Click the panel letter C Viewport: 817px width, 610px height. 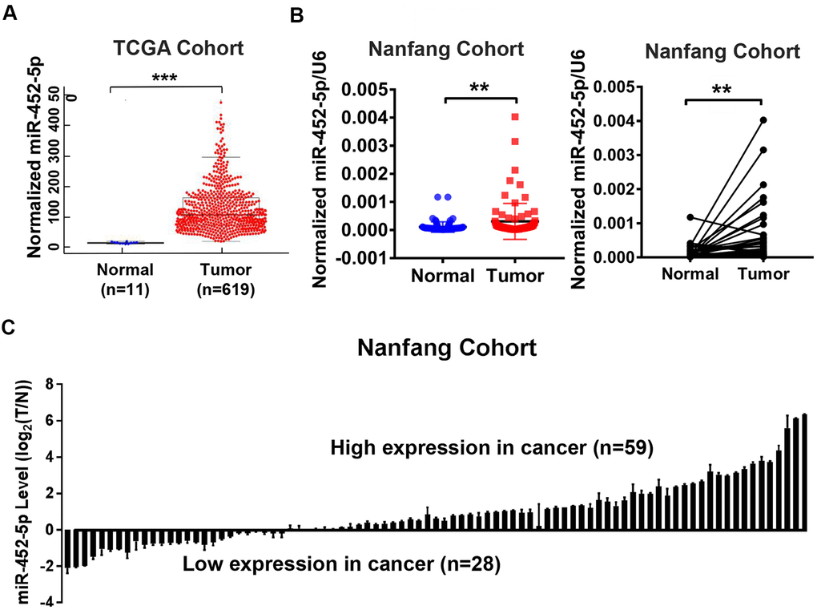(x=10, y=328)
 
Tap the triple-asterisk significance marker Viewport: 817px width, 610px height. (x=164, y=78)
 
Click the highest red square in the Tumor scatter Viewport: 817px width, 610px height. (x=515, y=117)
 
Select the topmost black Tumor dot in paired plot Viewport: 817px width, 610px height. (x=763, y=120)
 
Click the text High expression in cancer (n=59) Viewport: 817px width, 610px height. (x=493, y=450)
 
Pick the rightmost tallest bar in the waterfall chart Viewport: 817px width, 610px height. (x=803, y=472)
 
